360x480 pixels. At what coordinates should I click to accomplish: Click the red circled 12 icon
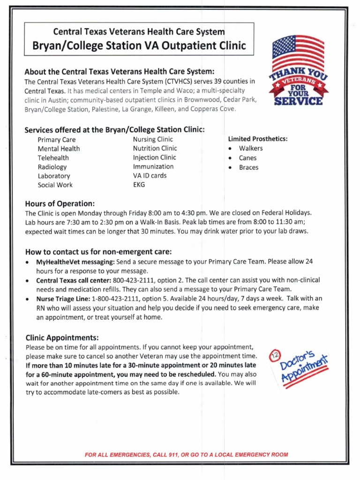click(275, 358)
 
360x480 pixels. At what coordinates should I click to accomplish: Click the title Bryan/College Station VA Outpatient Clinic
click(139, 46)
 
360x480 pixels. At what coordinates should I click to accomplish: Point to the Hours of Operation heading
click(60, 203)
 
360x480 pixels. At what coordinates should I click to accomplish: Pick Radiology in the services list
click(52, 167)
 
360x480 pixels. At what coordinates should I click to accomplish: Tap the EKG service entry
click(139, 185)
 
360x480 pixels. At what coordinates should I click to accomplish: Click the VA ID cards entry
click(150, 176)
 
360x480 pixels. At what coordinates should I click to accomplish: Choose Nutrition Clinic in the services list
click(155, 149)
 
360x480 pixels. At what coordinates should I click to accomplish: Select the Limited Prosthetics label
click(257, 139)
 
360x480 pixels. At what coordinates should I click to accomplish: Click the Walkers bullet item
click(251, 149)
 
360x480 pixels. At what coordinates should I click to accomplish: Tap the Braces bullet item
click(248, 167)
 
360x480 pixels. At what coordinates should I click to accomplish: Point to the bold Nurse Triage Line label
click(63, 299)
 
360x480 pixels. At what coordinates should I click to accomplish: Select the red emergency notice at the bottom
click(186, 455)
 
